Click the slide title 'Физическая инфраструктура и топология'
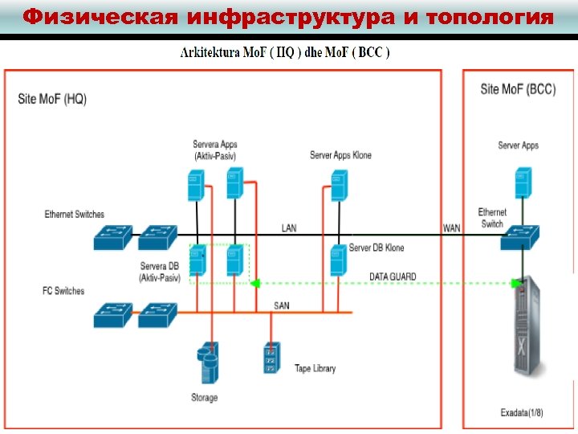click(x=288, y=17)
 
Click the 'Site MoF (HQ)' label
click(x=52, y=99)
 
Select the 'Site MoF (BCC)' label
click(x=517, y=89)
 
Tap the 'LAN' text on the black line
click(x=288, y=228)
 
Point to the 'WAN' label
click(x=452, y=228)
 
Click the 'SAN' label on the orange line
click(x=282, y=305)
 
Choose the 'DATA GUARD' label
click(x=393, y=276)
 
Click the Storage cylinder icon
click(x=207, y=364)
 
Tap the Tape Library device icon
click(x=271, y=358)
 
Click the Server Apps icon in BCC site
click(x=524, y=182)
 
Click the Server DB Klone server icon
click(x=338, y=261)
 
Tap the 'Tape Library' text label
click(x=315, y=368)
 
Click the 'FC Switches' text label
click(x=63, y=291)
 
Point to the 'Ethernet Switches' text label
click(x=74, y=215)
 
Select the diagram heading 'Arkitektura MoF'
click(x=284, y=53)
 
